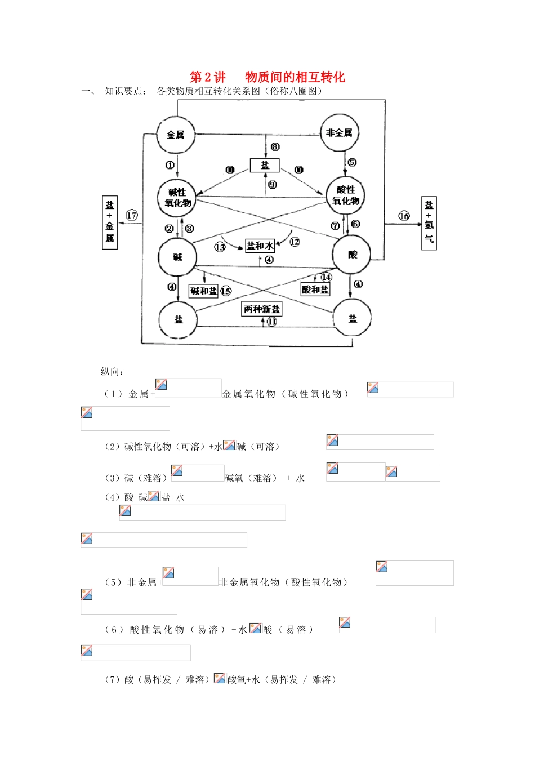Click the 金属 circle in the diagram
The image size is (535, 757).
(x=176, y=135)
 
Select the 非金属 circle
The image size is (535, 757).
(x=340, y=133)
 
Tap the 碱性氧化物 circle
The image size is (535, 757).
(x=178, y=198)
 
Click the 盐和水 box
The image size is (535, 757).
(x=260, y=246)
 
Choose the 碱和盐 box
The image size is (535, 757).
(x=203, y=291)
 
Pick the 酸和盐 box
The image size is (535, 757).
(x=315, y=290)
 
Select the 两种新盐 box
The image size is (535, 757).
(x=261, y=309)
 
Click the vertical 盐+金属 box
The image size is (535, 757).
(x=110, y=222)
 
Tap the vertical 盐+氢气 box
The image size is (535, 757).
(x=429, y=223)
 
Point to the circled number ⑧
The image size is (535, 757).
(x=275, y=147)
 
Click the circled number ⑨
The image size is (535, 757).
(x=273, y=185)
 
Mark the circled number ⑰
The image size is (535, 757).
(x=132, y=215)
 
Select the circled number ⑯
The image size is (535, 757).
(x=404, y=216)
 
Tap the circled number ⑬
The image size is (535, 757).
(x=220, y=247)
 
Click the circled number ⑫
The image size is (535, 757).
(x=295, y=242)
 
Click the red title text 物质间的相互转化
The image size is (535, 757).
(x=295, y=77)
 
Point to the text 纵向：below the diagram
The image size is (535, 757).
(x=113, y=372)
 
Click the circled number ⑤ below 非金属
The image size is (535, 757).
(x=352, y=163)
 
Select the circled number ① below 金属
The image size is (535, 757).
(x=170, y=165)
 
